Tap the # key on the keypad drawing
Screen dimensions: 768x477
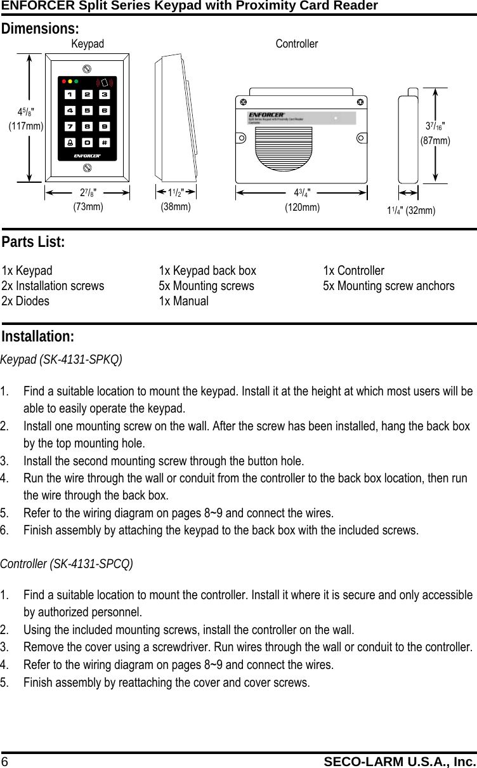[x=103, y=142]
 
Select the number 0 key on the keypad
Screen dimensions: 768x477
[x=87, y=142]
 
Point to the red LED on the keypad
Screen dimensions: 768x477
[x=63, y=82]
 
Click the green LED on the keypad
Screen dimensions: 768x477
[x=75, y=82]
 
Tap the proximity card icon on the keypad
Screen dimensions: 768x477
[x=105, y=83]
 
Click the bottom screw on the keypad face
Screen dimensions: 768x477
[x=87, y=168]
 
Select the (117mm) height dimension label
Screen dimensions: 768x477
[x=25, y=126]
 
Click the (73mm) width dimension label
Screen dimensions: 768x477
[x=88, y=206]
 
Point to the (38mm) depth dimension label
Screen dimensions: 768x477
[x=175, y=206]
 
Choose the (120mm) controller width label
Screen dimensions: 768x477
[x=303, y=207]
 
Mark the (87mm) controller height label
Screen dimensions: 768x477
[x=435, y=140]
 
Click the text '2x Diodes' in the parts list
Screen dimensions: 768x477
[x=25, y=301]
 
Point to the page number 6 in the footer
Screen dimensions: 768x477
[x=4, y=761]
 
